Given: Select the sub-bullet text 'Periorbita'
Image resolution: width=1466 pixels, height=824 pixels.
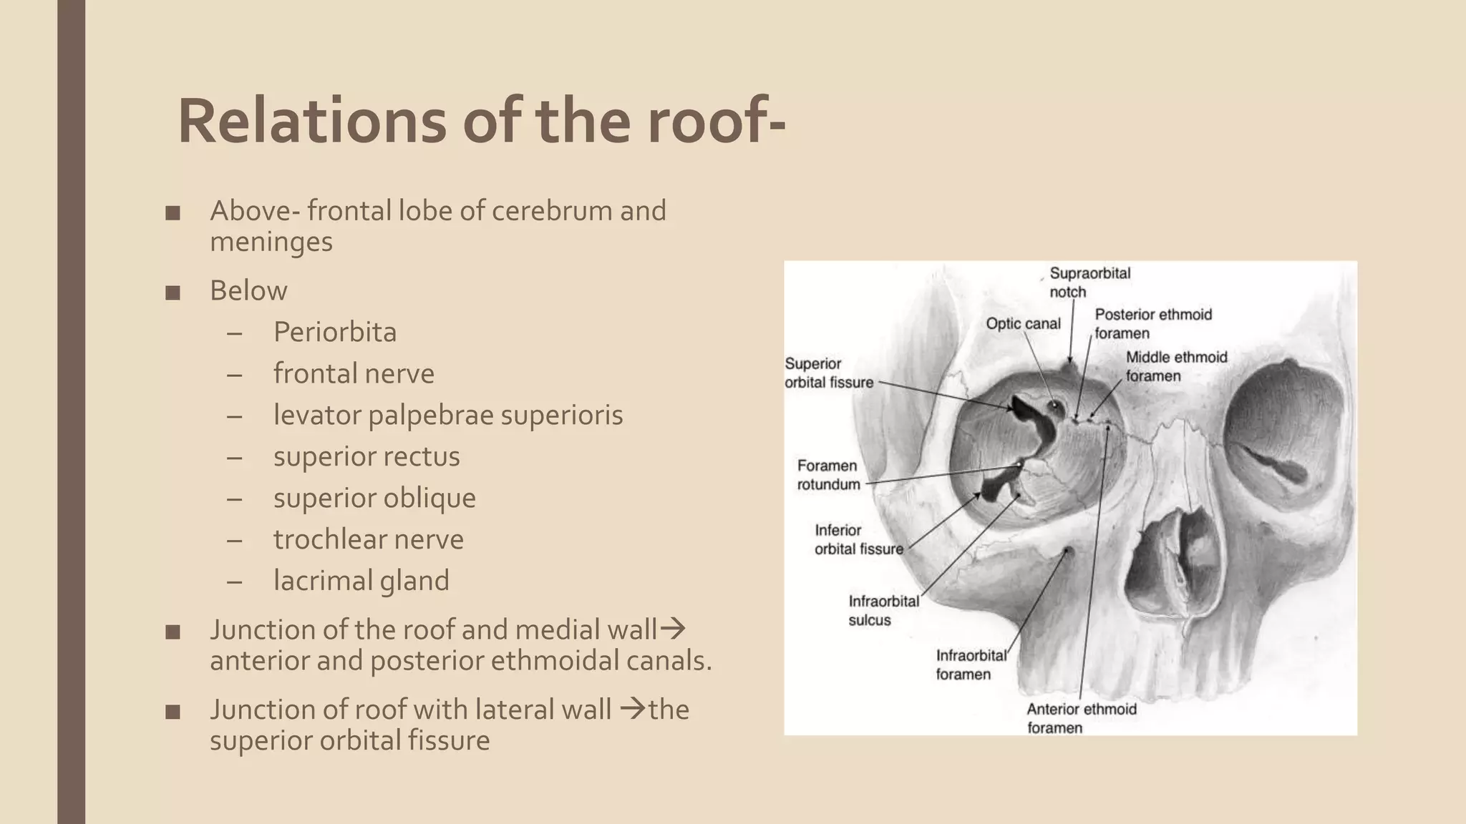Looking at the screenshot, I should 334,332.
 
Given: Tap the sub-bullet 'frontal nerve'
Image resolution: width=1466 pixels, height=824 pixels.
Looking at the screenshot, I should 354,373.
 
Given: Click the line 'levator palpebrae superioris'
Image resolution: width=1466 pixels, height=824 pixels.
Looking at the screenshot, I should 447,415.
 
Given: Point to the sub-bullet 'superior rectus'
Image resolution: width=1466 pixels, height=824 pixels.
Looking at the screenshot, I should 366,456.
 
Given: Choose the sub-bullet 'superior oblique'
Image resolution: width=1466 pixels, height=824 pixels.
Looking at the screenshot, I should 374,498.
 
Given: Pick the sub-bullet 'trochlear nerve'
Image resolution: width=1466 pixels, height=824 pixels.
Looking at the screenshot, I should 368,539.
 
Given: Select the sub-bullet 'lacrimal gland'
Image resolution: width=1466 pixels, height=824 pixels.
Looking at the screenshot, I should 361,581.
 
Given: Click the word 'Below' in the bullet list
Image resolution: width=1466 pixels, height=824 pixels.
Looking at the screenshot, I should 248,290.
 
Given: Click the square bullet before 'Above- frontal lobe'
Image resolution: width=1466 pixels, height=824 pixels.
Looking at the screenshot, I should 173,213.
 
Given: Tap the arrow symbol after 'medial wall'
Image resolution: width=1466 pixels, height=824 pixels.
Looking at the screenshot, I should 672,629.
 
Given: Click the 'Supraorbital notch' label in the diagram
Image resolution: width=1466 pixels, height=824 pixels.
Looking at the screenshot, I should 1089,283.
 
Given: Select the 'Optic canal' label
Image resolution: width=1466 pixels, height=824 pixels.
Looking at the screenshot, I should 1022,324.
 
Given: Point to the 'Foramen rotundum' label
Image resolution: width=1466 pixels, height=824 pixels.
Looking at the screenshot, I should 828,475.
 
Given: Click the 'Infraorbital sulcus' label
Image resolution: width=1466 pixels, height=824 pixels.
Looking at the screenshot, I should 883,610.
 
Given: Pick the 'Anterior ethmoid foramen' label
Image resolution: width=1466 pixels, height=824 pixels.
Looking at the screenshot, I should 1080,718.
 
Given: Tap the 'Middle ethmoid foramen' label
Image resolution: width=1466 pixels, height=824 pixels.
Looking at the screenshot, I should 1175,366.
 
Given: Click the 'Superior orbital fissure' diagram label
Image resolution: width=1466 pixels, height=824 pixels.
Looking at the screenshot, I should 828,373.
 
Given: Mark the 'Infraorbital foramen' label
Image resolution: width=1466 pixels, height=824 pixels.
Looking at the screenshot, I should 971,664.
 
